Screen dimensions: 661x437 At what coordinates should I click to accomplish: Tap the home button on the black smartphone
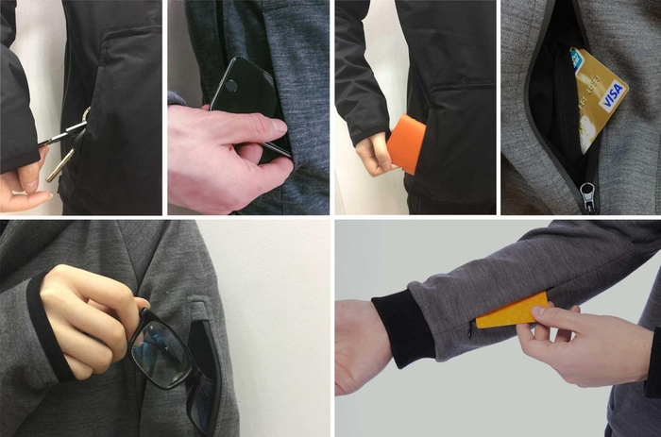pos(231,87)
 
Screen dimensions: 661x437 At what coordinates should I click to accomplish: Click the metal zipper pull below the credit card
pos(586,196)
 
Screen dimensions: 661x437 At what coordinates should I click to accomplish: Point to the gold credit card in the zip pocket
pos(598,98)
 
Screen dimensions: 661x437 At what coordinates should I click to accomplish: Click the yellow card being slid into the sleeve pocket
pos(512,311)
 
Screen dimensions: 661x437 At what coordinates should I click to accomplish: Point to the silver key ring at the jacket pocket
pos(86,116)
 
